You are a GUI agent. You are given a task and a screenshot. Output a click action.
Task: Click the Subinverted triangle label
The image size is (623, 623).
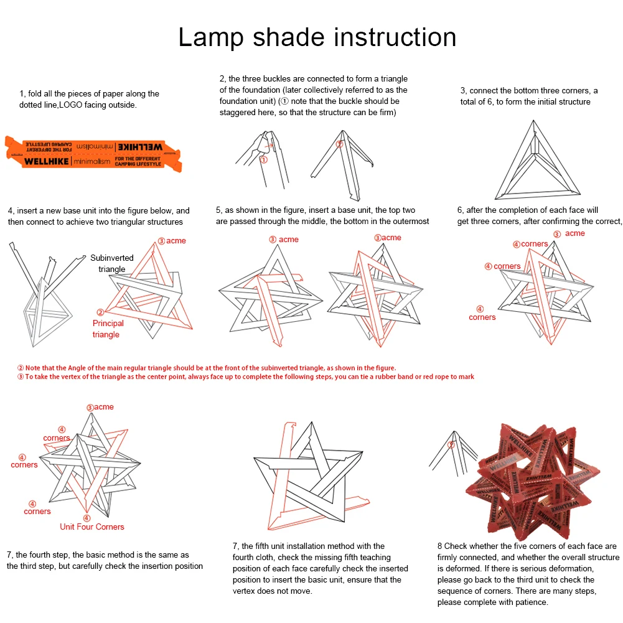112,263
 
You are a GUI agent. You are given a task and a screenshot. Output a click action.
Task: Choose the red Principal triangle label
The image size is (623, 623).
108,329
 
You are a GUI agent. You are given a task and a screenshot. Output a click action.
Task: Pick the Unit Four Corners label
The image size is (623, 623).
91,527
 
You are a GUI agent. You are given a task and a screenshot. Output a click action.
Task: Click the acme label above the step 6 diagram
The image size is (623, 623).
574,233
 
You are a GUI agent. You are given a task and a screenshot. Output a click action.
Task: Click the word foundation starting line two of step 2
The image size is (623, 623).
239,101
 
